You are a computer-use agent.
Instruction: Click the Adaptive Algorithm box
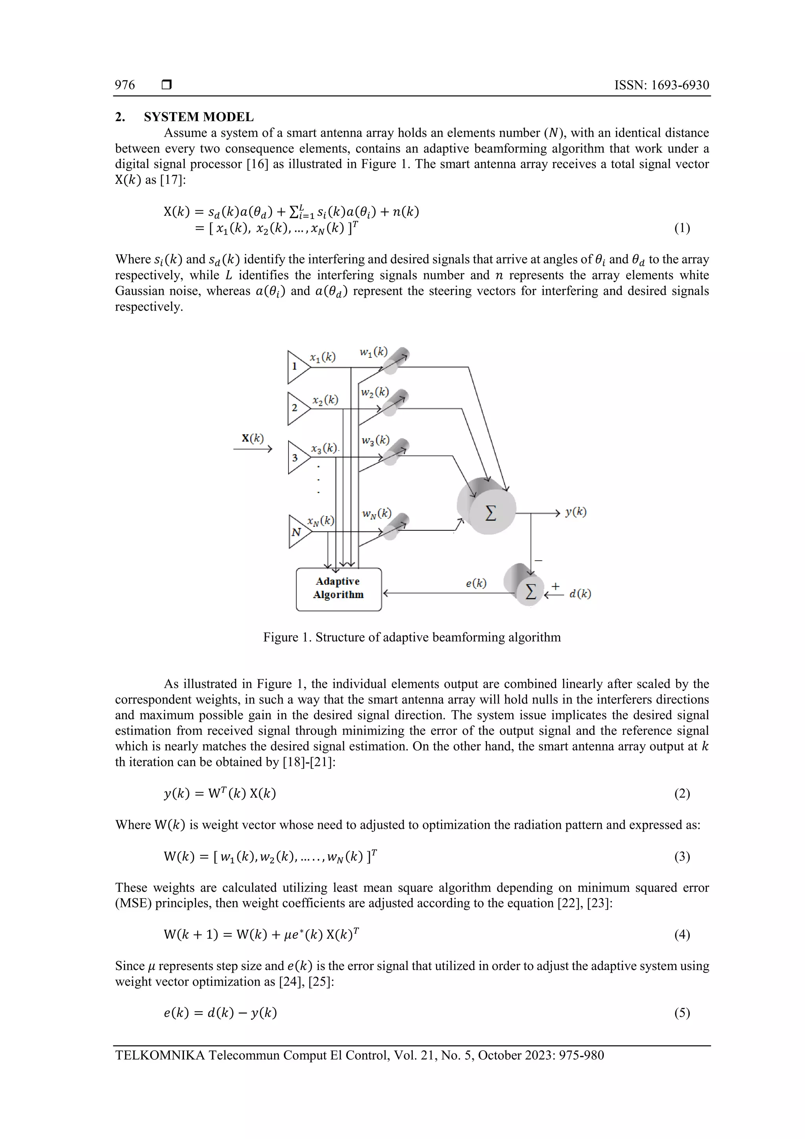point(338,589)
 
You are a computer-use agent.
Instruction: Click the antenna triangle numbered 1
point(297,367)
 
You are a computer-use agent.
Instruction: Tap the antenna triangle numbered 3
point(297,457)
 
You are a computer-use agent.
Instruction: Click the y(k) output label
point(575,512)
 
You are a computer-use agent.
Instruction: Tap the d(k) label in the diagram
point(580,593)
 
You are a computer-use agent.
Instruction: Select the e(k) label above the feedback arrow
point(476,583)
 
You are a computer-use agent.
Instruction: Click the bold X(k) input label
point(252,438)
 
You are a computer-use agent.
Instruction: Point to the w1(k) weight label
point(373,352)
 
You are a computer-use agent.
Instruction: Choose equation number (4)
point(682,935)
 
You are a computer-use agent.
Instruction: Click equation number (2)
point(682,794)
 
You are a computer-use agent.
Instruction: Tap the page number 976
point(125,85)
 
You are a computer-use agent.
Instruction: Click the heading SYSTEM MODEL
point(198,117)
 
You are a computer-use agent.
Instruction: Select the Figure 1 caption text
point(412,637)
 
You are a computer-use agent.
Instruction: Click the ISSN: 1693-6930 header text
point(661,85)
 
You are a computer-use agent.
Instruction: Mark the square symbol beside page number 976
point(167,85)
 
